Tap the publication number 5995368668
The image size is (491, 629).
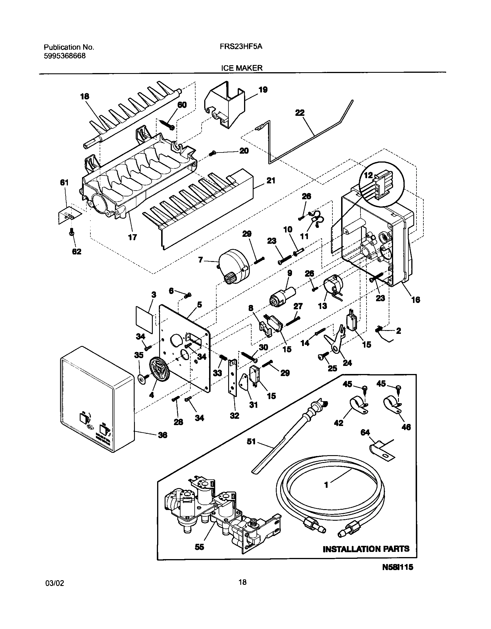point(65,56)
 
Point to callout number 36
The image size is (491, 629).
point(162,435)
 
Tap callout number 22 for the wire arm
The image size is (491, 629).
point(300,113)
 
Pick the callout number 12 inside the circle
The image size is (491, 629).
point(369,175)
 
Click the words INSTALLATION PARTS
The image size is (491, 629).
point(366,549)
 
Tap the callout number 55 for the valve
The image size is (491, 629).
point(199,547)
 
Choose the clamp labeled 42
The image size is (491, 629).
point(358,405)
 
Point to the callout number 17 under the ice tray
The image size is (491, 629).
point(132,237)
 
